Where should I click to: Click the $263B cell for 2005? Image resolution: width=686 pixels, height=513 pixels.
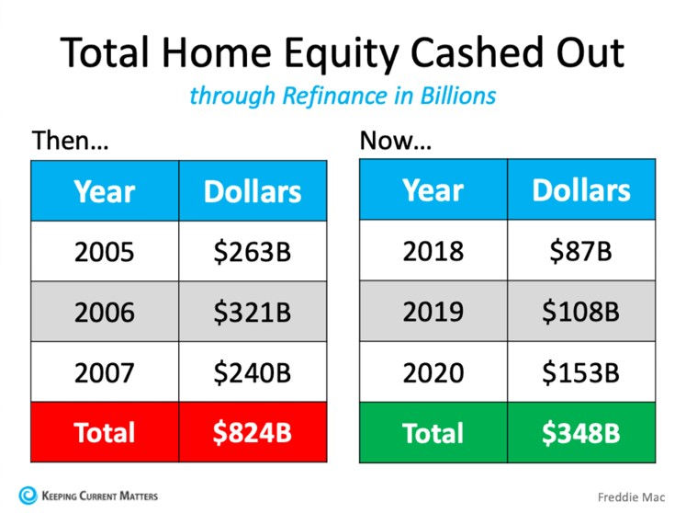coord(253,252)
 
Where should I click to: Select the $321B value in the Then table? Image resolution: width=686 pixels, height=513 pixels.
coord(253,312)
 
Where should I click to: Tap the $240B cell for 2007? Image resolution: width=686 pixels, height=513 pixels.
coord(253,372)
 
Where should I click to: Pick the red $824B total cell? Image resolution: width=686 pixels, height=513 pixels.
coord(253,432)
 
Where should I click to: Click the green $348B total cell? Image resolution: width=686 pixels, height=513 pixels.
coord(581,432)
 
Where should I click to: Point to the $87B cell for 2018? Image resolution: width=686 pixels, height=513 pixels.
coord(581,251)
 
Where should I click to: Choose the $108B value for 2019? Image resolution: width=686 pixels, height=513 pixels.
coord(581,312)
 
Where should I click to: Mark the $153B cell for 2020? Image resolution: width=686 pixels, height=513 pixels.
coord(581,372)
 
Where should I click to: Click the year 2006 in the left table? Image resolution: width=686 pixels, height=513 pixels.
coord(104,313)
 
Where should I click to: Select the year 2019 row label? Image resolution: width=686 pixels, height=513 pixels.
coord(433,312)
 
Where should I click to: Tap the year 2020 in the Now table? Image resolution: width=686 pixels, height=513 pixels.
coord(433,373)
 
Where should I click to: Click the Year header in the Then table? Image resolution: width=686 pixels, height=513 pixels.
coord(104,192)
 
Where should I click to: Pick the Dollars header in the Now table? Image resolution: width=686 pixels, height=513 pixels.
coord(581,190)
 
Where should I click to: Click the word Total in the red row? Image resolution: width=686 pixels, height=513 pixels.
coord(104,432)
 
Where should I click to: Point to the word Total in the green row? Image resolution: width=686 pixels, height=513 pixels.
coord(433,433)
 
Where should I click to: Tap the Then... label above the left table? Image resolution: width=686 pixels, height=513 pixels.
coord(70,140)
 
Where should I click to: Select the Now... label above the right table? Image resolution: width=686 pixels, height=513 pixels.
coord(396,140)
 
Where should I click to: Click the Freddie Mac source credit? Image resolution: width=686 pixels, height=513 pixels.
coord(631,497)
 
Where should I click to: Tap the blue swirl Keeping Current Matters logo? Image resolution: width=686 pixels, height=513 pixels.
coord(28,496)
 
